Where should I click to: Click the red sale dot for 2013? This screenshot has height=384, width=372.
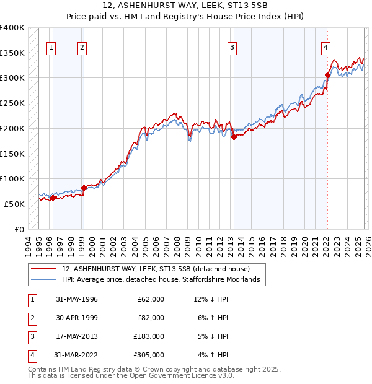coord(234,137)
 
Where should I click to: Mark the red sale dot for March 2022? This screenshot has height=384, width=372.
coord(327,76)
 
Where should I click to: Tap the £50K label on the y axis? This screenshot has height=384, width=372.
coord(15,204)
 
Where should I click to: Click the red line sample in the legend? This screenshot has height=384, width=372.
coord(43,269)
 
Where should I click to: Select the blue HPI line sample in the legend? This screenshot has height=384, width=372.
coord(43,280)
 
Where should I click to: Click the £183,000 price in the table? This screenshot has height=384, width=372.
coord(149,336)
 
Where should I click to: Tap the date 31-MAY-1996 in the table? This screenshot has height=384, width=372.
coord(76,299)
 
